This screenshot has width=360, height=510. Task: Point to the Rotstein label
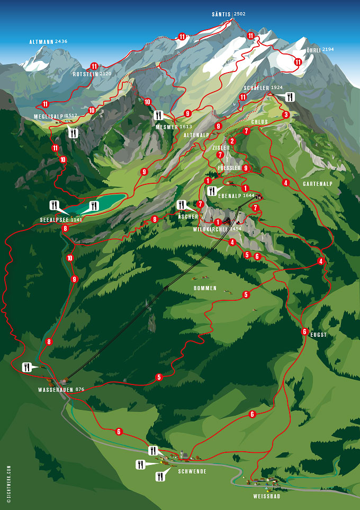pyautogui.click(x=85, y=74)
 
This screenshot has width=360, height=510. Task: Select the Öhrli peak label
pyautogui.click(x=314, y=50)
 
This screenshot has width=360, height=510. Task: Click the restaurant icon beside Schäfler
pyautogui.click(x=290, y=97)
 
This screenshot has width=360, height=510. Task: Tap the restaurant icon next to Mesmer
pyautogui.click(x=159, y=115)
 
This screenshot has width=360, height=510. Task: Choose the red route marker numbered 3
pyautogui.click(x=286, y=114)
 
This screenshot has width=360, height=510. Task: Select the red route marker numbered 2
pyautogui.click(x=232, y=141)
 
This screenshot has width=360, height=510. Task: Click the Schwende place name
pyautogui.click(x=191, y=471)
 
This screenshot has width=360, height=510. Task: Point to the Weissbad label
pyautogui.click(x=267, y=496)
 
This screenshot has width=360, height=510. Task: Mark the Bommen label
pyautogui.click(x=205, y=288)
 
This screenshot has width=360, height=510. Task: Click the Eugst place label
pyautogui.click(x=319, y=335)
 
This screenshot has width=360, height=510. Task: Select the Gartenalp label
pyautogui.click(x=317, y=184)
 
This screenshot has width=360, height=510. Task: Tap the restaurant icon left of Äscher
pyautogui.click(x=182, y=204)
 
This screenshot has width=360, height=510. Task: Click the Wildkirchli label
pyautogui.click(x=210, y=229)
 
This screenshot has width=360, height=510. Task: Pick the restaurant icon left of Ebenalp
pyautogui.click(x=212, y=191)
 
